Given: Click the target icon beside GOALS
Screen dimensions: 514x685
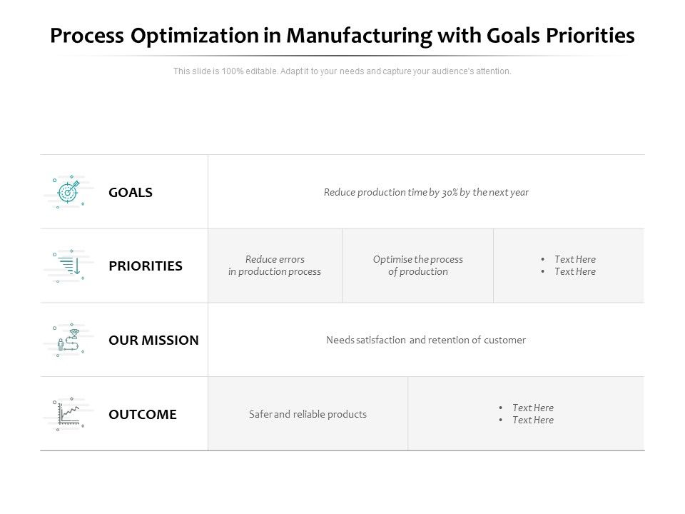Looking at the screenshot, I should click(x=68, y=191).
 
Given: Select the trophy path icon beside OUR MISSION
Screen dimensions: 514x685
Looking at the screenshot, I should click(x=68, y=340).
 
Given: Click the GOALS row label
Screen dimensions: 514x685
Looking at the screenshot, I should click(x=131, y=193).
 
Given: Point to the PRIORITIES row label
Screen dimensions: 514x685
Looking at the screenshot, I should click(x=146, y=266).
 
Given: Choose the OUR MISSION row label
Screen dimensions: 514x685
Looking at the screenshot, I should click(x=153, y=341).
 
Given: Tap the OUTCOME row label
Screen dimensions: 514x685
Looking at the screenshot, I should click(x=143, y=415).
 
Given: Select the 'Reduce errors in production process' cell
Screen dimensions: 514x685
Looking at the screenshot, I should click(x=275, y=266).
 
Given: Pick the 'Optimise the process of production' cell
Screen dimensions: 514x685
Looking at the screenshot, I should click(x=418, y=266).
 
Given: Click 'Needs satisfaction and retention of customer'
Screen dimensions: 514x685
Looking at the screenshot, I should click(x=426, y=341).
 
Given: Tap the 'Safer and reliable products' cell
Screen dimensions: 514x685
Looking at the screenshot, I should click(x=308, y=415).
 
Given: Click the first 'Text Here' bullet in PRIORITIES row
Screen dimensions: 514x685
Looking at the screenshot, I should click(x=574, y=260).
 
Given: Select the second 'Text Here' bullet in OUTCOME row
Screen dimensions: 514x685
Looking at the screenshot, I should click(x=532, y=420).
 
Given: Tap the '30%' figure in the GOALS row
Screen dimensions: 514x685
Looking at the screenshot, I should click(x=450, y=193).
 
